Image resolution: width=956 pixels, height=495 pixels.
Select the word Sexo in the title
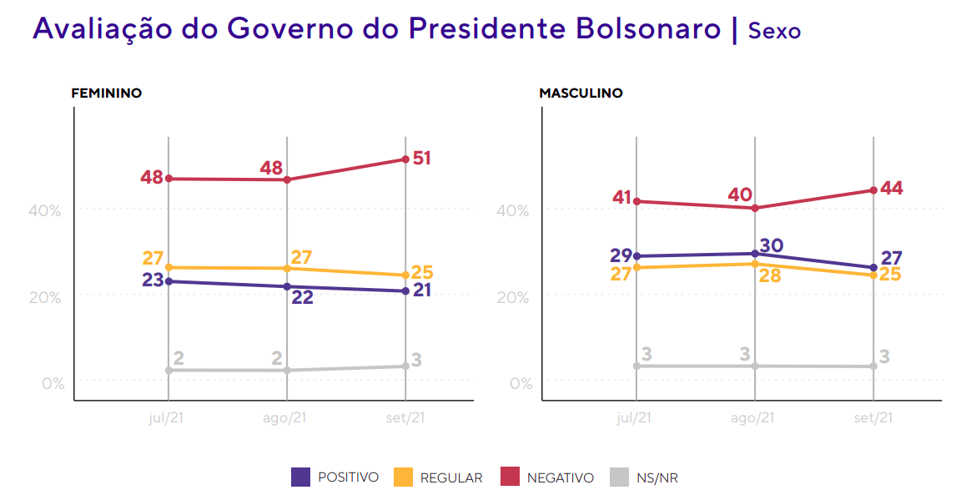[774, 31]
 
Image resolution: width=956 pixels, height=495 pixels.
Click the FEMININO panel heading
[106, 93]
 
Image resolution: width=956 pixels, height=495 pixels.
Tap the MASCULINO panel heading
[581, 93]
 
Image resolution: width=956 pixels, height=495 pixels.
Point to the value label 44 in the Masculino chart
[891, 188]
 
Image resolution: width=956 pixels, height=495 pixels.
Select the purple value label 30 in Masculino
[772, 245]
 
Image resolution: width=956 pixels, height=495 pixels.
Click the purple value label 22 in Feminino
[302, 296]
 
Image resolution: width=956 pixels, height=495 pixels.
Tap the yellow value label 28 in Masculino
[769, 275]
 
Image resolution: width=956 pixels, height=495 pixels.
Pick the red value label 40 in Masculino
[739, 194]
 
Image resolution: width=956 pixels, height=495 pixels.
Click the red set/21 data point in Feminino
[405, 159]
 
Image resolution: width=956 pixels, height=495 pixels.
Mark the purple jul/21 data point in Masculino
[636, 256]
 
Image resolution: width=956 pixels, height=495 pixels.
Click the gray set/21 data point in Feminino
[405, 366]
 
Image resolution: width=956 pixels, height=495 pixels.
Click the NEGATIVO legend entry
[560, 478]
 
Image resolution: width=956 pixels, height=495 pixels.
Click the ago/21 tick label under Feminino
[287, 418]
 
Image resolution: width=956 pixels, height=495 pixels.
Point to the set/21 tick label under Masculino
[873, 418]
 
